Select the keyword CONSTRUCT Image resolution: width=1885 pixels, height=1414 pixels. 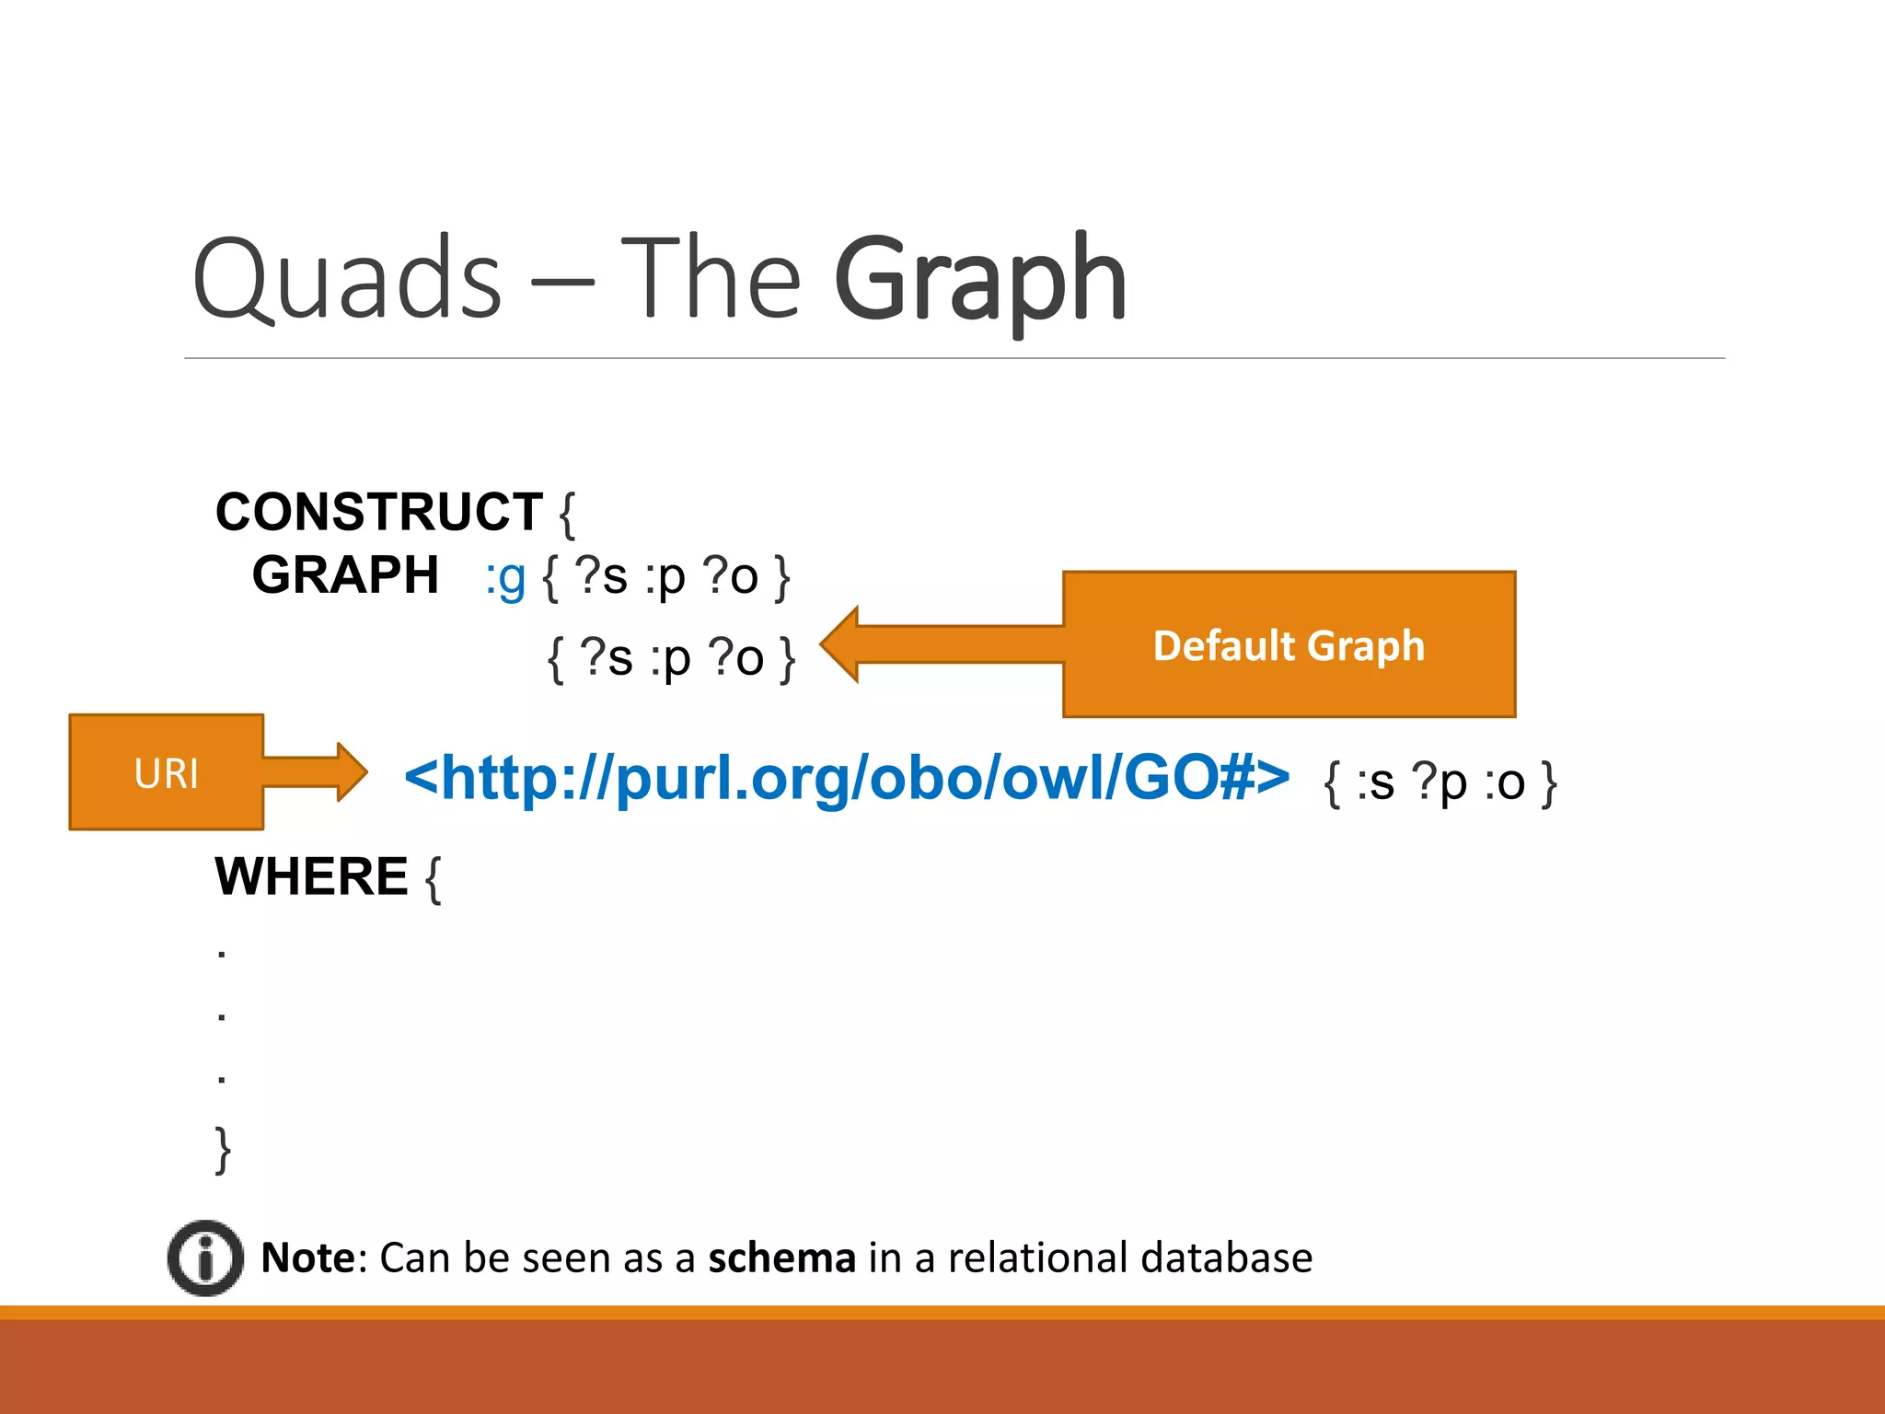(x=378, y=512)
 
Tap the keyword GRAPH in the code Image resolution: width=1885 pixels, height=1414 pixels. (x=345, y=575)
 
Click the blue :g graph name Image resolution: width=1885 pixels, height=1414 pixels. (x=505, y=578)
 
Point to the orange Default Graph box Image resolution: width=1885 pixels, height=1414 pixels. (x=1289, y=644)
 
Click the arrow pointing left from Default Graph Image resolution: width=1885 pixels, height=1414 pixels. (x=939, y=644)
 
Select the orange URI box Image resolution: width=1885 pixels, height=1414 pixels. (x=167, y=772)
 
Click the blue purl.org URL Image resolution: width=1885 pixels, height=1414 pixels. (x=847, y=778)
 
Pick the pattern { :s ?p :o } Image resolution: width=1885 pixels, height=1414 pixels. (x=1440, y=782)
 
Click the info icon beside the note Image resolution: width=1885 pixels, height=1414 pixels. (x=205, y=1258)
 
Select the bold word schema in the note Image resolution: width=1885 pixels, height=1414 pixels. (x=781, y=1258)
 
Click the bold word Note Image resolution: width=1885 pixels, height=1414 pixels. (x=307, y=1258)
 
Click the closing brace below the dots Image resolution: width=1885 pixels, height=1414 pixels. (x=223, y=1150)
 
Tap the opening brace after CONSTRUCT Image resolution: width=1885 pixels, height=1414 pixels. (x=567, y=514)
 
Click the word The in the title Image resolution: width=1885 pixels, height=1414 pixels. (x=711, y=278)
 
